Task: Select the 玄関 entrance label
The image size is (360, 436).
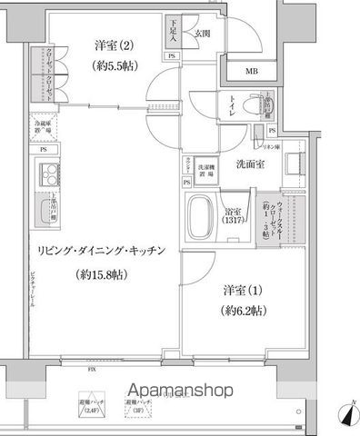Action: pyautogui.click(x=203, y=34)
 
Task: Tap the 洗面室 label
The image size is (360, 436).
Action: pyautogui.click(x=250, y=165)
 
